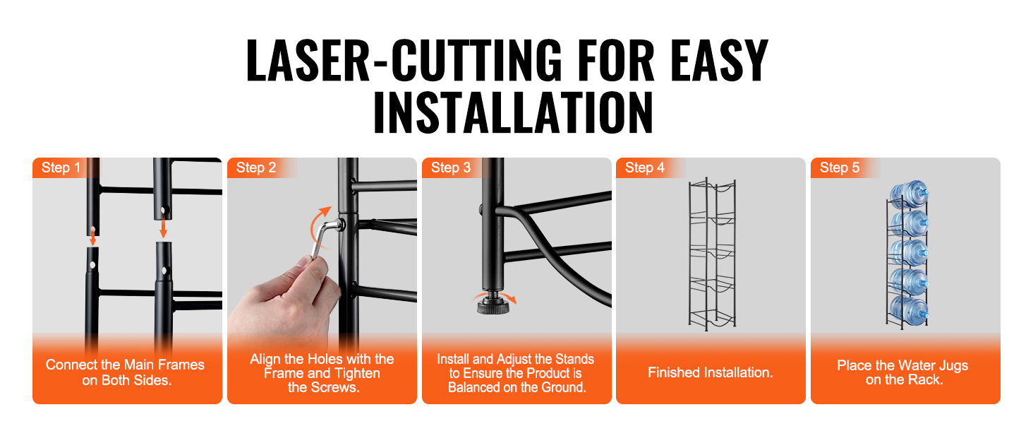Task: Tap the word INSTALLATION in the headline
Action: pos(513,112)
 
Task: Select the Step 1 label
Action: pos(61,167)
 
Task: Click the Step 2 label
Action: pos(256,167)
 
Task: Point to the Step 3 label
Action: pos(451,167)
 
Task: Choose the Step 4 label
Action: pos(645,167)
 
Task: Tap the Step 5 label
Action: pos(840,167)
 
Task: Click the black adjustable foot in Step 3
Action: pos(493,305)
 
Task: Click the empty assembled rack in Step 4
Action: pos(712,254)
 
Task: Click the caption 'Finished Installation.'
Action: pos(710,372)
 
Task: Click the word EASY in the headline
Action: pos(719,60)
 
